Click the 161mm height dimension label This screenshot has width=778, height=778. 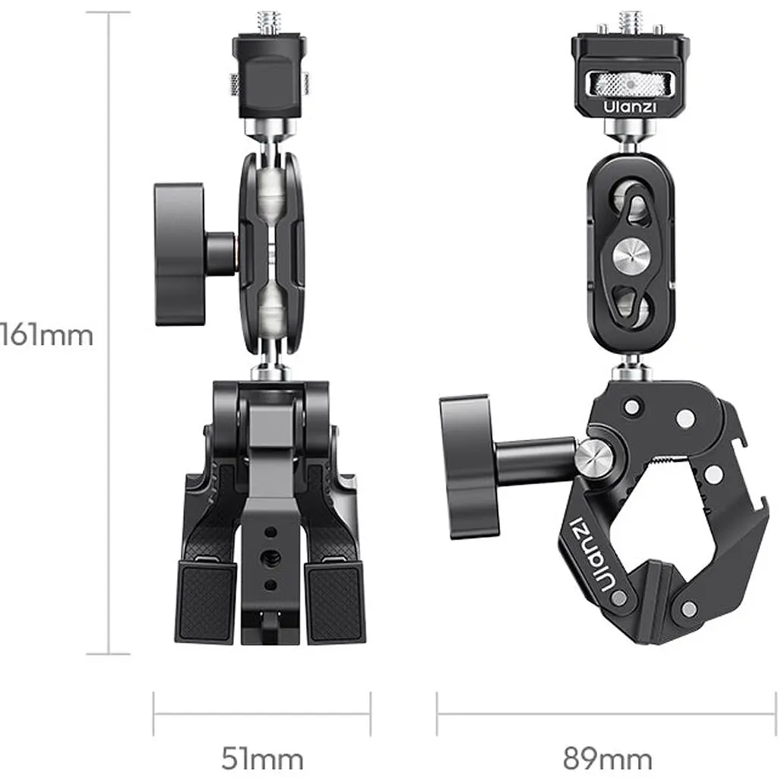tap(46, 335)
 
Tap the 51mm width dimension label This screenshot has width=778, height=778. tap(262, 759)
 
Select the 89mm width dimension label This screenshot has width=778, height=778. tap(607, 759)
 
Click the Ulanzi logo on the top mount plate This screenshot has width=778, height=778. tap(630, 106)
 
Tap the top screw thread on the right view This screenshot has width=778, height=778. tap(630, 23)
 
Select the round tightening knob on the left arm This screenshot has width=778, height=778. tap(179, 254)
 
